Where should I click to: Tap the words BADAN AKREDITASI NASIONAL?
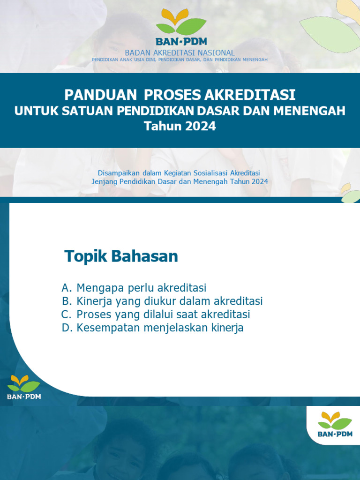click(180, 53)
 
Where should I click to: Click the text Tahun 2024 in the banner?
click(180, 126)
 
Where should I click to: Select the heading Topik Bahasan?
click(121, 256)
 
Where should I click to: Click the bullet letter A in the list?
click(66, 288)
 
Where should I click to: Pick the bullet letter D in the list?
click(66, 328)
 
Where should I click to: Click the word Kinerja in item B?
click(94, 301)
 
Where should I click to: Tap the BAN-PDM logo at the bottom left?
click(24, 387)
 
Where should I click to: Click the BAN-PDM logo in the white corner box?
click(335, 424)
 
